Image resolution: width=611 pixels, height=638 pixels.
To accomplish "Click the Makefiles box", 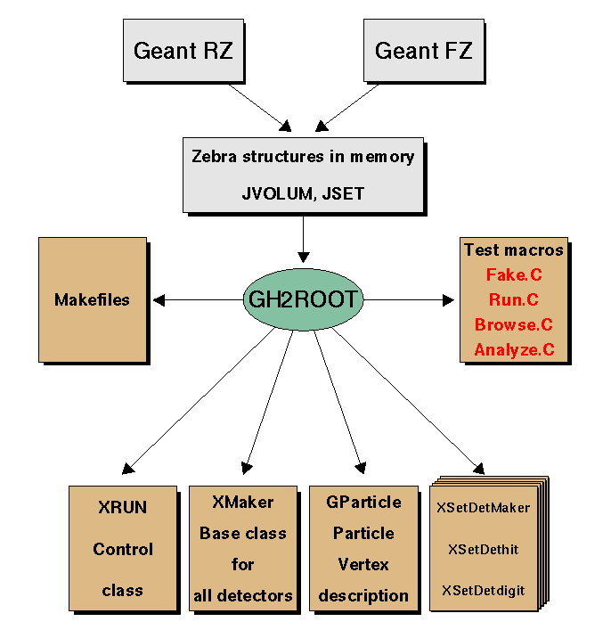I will coord(91,299).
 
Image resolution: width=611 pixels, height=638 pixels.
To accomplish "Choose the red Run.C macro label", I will coord(514,300).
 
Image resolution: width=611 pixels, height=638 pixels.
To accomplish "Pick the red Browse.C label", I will coord(514,325).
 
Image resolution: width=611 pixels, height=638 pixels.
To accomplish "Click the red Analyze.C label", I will coord(514,350).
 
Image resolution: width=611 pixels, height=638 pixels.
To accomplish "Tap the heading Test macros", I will coord(514,250).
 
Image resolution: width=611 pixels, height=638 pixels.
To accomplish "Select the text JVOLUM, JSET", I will coord(303,192).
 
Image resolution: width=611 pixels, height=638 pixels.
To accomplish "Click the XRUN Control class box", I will coord(121,547).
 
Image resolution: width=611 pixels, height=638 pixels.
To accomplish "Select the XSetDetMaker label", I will coord(483,508).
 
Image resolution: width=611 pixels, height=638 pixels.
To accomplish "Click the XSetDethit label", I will coord(483,549).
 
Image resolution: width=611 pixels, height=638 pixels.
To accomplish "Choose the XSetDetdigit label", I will coord(483,590).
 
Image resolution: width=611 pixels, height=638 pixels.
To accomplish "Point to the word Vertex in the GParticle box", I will coord(363,564).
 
